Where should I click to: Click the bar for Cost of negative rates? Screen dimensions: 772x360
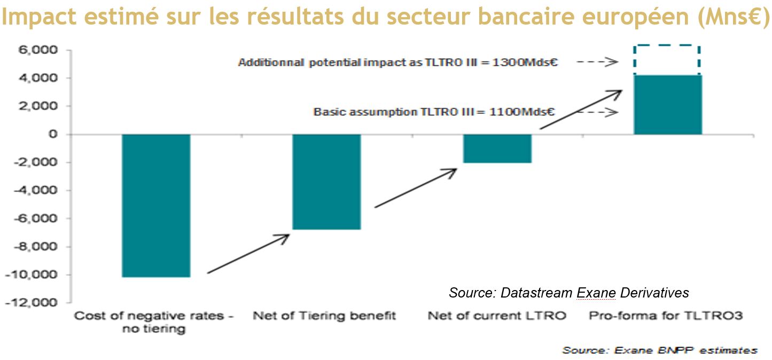[156, 205]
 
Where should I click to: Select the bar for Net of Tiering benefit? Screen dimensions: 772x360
[326, 182]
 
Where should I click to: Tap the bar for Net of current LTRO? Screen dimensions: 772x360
[497, 148]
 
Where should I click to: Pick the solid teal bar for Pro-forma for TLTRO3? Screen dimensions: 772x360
[668, 105]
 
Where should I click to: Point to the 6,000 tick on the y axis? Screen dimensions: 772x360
[38, 50]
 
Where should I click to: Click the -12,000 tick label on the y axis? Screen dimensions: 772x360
[32, 302]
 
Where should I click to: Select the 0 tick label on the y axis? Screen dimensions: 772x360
[53, 134]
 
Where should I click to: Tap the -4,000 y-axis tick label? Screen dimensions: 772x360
[35, 190]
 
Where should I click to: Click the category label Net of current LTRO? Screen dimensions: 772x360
[497, 316]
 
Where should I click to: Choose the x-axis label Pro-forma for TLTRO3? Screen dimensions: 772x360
[666, 316]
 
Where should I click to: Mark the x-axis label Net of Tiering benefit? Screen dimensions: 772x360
[324, 316]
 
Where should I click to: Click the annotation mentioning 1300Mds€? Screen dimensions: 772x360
[397, 62]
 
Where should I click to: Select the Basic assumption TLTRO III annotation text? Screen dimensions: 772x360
[434, 112]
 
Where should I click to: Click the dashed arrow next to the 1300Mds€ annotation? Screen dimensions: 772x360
[597, 62]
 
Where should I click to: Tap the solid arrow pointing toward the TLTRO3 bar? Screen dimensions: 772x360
[581, 109]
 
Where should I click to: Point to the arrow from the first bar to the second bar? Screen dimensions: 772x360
[248, 254]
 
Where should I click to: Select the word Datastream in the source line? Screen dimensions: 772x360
[536, 293]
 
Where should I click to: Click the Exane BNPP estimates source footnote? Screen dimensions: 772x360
[660, 350]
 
